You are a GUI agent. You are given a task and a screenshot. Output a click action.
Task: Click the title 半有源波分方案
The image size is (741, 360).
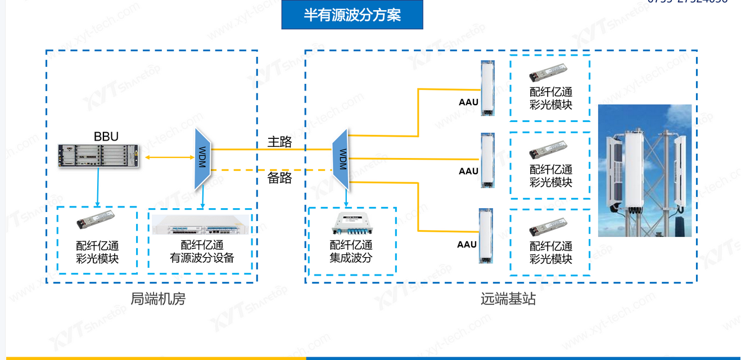point(352,15)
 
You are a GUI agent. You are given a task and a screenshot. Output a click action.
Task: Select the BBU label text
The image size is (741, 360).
point(106,136)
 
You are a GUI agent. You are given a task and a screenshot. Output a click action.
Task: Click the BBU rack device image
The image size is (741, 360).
point(98,156)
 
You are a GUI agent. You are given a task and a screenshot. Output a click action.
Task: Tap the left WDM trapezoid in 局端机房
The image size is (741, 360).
point(202,159)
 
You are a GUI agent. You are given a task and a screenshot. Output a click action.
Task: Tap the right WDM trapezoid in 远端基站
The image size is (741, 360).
point(341,159)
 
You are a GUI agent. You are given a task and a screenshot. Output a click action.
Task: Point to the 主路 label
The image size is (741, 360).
point(279,142)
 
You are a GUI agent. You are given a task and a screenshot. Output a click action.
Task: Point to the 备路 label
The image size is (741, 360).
point(279,178)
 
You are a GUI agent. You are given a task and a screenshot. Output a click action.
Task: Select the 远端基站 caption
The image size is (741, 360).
point(508,299)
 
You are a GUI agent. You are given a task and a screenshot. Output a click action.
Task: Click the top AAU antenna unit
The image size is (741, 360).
point(487,88)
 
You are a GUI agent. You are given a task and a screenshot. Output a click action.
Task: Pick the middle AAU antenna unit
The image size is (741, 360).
point(487,160)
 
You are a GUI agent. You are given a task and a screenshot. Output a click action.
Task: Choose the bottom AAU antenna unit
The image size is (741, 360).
point(486,236)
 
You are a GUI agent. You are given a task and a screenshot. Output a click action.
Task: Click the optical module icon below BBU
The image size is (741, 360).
point(97,222)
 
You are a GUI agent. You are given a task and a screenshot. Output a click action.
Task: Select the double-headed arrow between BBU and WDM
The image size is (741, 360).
point(166,157)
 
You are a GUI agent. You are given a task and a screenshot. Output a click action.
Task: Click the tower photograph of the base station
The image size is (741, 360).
point(644,170)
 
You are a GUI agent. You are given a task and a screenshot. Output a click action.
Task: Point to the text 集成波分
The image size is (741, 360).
point(351,258)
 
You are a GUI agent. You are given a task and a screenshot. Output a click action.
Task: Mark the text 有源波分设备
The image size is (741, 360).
point(202,258)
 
